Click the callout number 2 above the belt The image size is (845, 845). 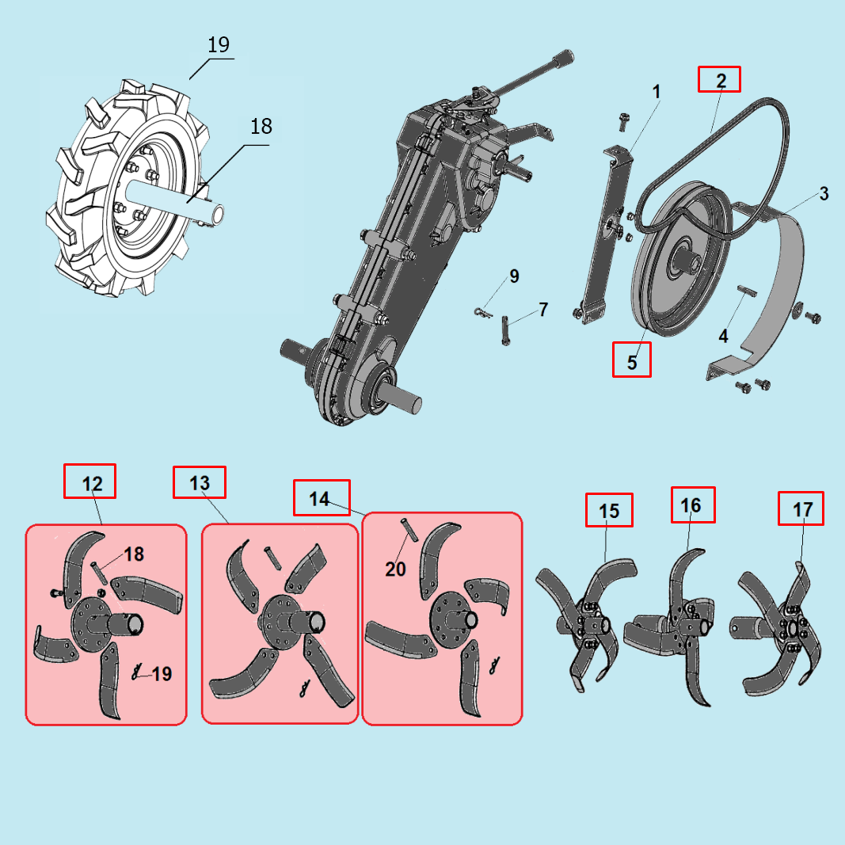click(721, 81)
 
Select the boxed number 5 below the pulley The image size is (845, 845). click(632, 362)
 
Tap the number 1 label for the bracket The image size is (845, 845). click(657, 92)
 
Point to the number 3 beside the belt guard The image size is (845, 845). click(824, 193)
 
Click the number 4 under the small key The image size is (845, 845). click(723, 337)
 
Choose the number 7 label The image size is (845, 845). click(543, 310)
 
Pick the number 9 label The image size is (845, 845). click(514, 276)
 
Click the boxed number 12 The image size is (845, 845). click(92, 483)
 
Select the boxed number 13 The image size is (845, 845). click(200, 482)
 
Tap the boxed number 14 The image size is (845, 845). click(319, 498)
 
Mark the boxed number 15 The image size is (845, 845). click(609, 510)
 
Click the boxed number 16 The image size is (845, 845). click(691, 505)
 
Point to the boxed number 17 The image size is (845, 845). click(802, 508)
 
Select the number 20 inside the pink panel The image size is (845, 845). click(395, 569)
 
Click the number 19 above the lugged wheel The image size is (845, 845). click(219, 44)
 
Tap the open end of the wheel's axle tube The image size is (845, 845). click(219, 214)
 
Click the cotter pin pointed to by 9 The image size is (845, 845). click(481, 312)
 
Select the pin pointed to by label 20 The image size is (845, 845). click(409, 528)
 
